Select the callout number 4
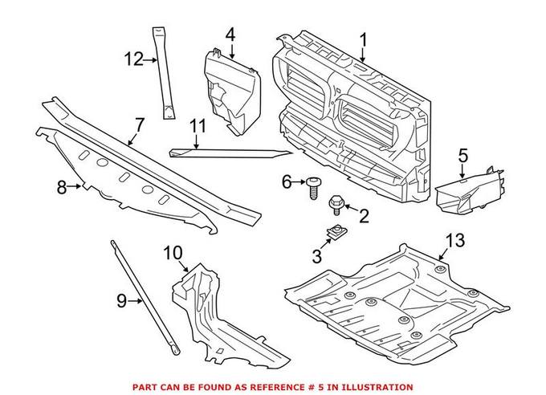pos(230,35)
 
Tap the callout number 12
pos(132,59)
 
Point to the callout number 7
pos(140,125)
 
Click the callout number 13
pos(454,240)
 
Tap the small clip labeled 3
pos(331,234)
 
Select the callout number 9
pos(122,301)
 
